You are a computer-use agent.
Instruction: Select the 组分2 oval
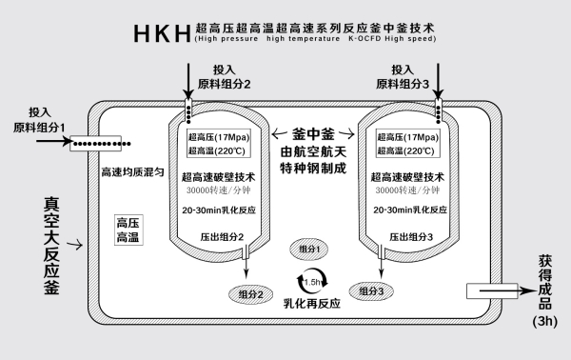250,295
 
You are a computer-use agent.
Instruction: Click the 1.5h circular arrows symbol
313,280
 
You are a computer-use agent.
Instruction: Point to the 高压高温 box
128,229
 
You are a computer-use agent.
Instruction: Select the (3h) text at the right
545,322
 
